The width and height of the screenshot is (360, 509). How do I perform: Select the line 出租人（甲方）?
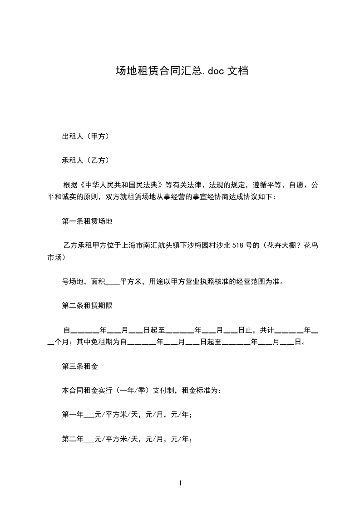85,136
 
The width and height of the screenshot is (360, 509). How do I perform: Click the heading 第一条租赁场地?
87,221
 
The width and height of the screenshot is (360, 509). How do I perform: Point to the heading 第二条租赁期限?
87,305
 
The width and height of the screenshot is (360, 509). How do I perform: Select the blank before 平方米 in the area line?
113,281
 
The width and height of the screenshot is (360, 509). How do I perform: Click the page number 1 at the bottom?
180,483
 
